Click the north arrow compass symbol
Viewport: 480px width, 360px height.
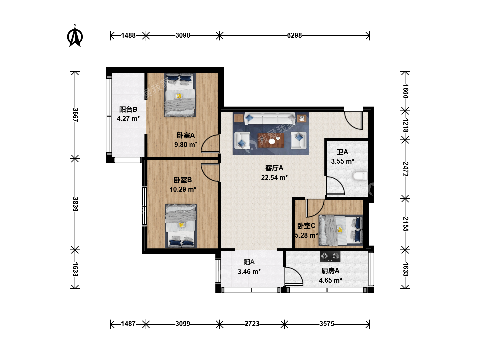tap(75, 36)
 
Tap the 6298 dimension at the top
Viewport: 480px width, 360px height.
tap(294, 35)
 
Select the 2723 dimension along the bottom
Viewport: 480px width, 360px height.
tap(252, 324)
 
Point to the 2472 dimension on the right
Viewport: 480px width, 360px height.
tap(405, 169)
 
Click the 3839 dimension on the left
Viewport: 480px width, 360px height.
tap(75, 204)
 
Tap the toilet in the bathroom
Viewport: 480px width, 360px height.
tap(360, 176)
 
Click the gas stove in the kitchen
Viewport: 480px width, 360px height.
tap(330, 257)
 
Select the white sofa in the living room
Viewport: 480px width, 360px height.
tap(270, 118)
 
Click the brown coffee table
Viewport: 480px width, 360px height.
tap(271, 140)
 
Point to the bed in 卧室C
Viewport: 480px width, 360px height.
tap(341, 230)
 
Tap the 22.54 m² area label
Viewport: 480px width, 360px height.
tap(274, 177)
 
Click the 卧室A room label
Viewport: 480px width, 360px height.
tap(186, 135)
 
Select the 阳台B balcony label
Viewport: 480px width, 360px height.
tap(128, 109)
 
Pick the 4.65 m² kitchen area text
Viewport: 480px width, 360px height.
tap(330, 280)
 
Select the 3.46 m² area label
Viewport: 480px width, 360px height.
tap(249, 271)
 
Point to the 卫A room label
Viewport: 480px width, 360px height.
tap(342, 152)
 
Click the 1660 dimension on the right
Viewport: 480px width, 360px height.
tap(405, 91)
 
